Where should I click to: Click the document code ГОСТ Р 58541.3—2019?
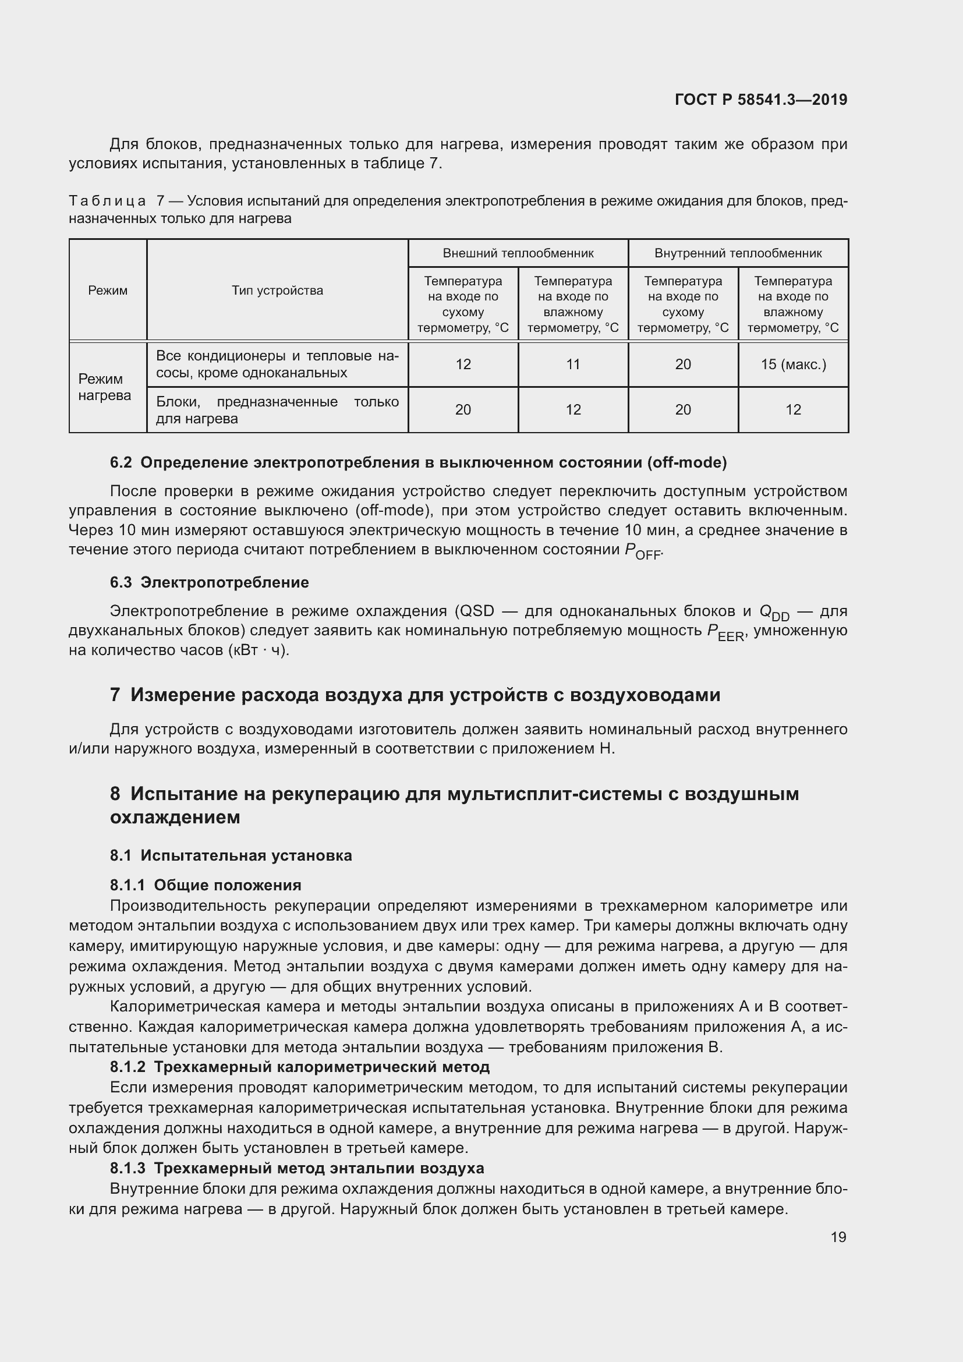[761, 100]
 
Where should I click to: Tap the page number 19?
[838, 1237]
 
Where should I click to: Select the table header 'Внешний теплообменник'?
[518, 253]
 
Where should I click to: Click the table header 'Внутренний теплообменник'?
[738, 253]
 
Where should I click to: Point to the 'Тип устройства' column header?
[277, 290]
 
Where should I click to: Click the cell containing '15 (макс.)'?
[793, 364]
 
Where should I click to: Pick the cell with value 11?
[573, 364]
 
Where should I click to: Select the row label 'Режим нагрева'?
[105, 387]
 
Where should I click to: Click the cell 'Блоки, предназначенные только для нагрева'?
[277, 410]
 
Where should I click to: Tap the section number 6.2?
[121, 463]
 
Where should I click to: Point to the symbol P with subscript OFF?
[642, 551]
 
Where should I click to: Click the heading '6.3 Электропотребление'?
[210, 582]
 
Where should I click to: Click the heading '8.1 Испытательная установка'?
[231, 855]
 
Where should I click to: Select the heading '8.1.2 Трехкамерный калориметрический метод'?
[299, 1067]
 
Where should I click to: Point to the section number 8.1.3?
[127, 1168]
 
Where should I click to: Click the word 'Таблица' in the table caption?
[107, 201]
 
